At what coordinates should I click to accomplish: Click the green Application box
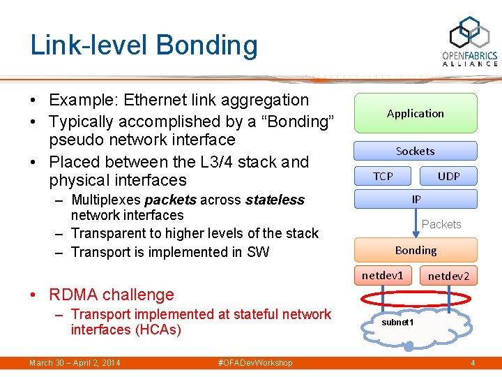pyautogui.click(x=416, y=113)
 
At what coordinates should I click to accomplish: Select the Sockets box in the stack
pyautogui.click(x=416, y=151)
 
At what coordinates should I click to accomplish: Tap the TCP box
pyautogui.click(x=383, y=176)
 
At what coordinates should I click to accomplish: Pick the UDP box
pyautogui.click(x=448, y=176)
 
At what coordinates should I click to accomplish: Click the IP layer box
pyautogui.click(x=416, y=199)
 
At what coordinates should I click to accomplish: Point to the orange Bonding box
pyautogui.click(x=416, y=250)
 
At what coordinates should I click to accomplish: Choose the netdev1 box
pyautogui.click(x=383, y=275)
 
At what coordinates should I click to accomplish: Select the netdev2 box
pyautogui.click(x=448, y=276)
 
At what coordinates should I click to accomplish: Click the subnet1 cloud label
pyautogui.click(x=397, y=323)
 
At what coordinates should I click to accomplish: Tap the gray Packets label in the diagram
pyautogui.click(x=441, y=224)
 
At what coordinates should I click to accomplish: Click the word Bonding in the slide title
pyautogui.click(x=207, y=45)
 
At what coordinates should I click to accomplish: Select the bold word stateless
pyautogui.click(x=275, y=200)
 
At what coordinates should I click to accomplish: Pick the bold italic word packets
pyautogui.click(x=170, y=200)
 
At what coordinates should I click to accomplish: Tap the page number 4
pyautogui.click(x=472, y=363)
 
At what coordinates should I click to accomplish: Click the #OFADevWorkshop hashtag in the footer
pyautogui.click(x=255, y=363)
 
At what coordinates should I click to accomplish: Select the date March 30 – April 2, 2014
pyautogui.click(x=75, y=363)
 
